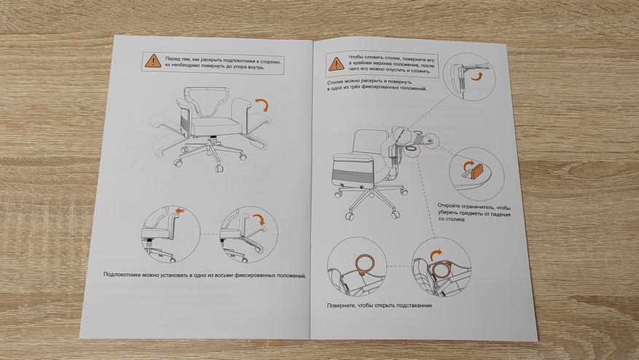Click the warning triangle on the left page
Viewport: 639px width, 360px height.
pos(153,61)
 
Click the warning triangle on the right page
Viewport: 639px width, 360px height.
pos(336,64)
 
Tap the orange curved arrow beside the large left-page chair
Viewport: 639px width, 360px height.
pos(263,105)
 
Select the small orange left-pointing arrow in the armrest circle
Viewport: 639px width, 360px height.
pos(180,211)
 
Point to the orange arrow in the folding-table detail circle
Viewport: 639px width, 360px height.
pos(477,77)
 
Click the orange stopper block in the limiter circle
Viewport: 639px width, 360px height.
pos(477,171)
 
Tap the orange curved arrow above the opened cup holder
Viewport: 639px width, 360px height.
pos(436,255)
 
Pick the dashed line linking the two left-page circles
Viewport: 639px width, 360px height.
pos(211,234)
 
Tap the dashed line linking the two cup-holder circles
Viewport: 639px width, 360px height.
pos(399,267)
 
